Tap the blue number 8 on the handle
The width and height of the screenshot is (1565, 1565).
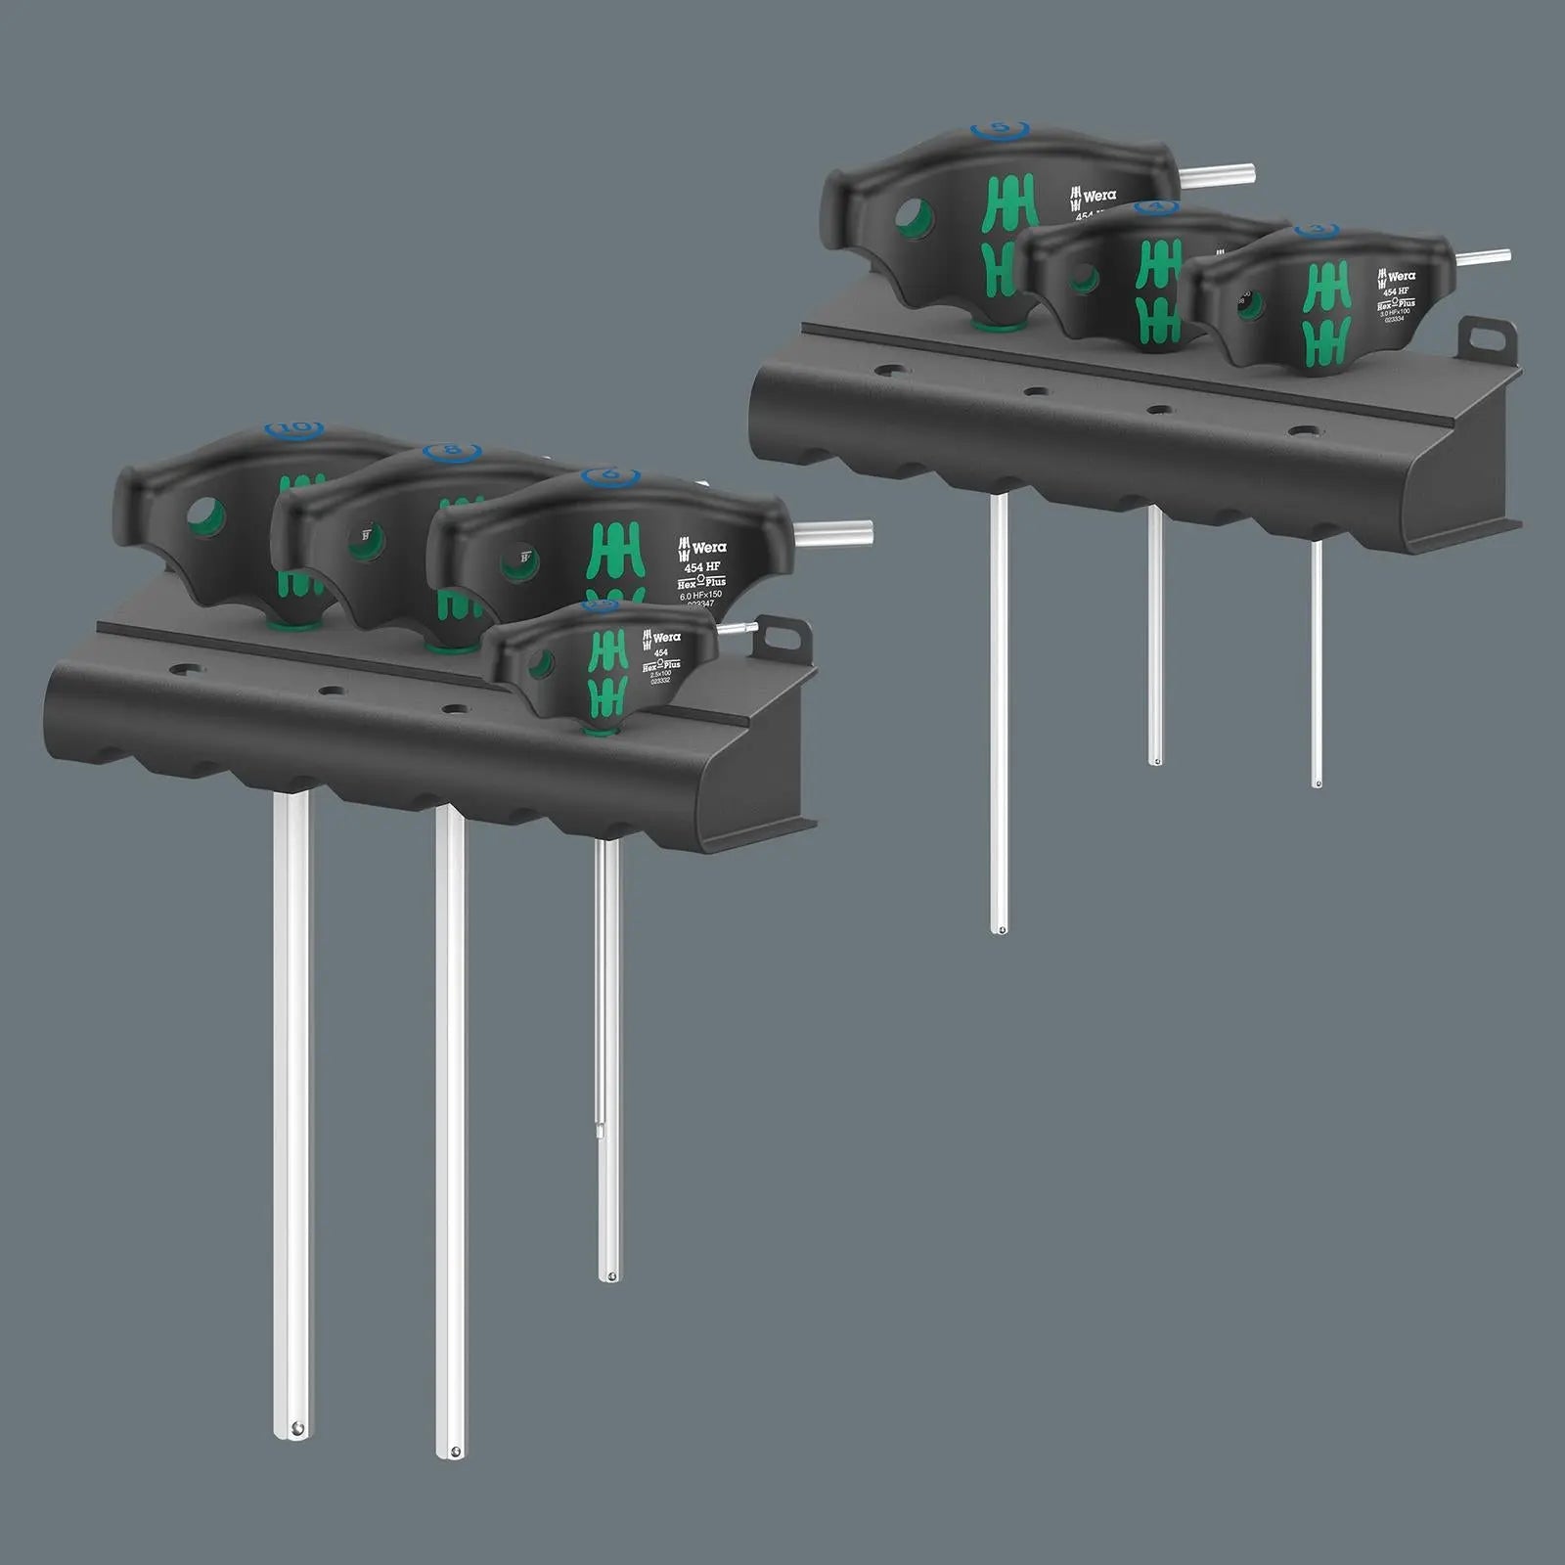[x=452, y=452]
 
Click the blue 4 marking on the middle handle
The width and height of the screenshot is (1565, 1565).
[x=1157, y=208]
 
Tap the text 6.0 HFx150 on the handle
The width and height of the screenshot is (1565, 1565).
[x=700, y=595]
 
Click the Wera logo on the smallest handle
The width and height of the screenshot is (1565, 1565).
[x=661, y=638]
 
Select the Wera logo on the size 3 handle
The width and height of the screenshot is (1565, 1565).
[x=1397, y=277]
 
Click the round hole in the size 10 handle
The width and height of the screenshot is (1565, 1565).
[x=207, y=514]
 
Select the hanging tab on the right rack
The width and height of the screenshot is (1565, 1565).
[x=1486, y=338]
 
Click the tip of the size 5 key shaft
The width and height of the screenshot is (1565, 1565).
[x=999, y=928]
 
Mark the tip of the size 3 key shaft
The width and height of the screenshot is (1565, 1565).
[x=1317, y=782]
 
